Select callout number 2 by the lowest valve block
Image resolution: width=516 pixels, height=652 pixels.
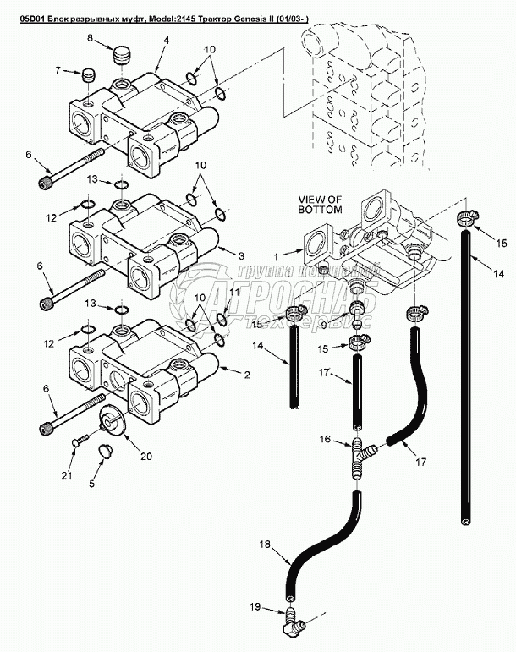pos(247,373)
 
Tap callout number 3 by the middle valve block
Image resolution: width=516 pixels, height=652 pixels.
pos(241,255)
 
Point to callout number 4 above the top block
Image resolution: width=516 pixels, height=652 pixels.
pos(167,40)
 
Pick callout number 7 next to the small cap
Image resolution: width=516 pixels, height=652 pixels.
pos(58,71)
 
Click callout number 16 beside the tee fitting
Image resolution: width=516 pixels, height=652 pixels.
pos(324,441)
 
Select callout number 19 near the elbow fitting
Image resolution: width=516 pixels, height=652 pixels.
pos(256,606)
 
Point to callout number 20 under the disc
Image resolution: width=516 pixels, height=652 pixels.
pos(145,456)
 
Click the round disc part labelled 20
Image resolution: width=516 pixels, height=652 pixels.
pos(111,419)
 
